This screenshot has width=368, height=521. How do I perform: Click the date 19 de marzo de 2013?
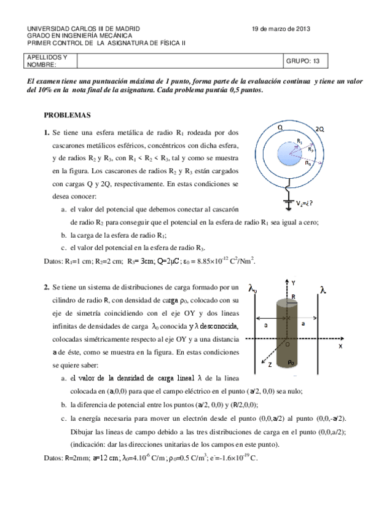click(281, 29)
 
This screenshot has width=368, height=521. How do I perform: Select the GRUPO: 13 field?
click(303, 61)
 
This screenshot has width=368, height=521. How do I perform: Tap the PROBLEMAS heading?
click(68, 115)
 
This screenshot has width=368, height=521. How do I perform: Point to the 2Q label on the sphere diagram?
click(319, 129)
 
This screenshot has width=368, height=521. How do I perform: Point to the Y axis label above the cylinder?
click(294, 283)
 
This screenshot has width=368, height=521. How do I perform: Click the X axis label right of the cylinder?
click(340, 347)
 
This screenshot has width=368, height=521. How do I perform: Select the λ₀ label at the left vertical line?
click(252, 288)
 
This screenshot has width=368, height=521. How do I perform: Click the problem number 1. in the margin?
click(47, 132)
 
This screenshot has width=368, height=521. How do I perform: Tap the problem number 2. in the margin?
click(47, 286)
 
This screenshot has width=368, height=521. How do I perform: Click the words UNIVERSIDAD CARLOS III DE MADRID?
click(84, 29)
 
